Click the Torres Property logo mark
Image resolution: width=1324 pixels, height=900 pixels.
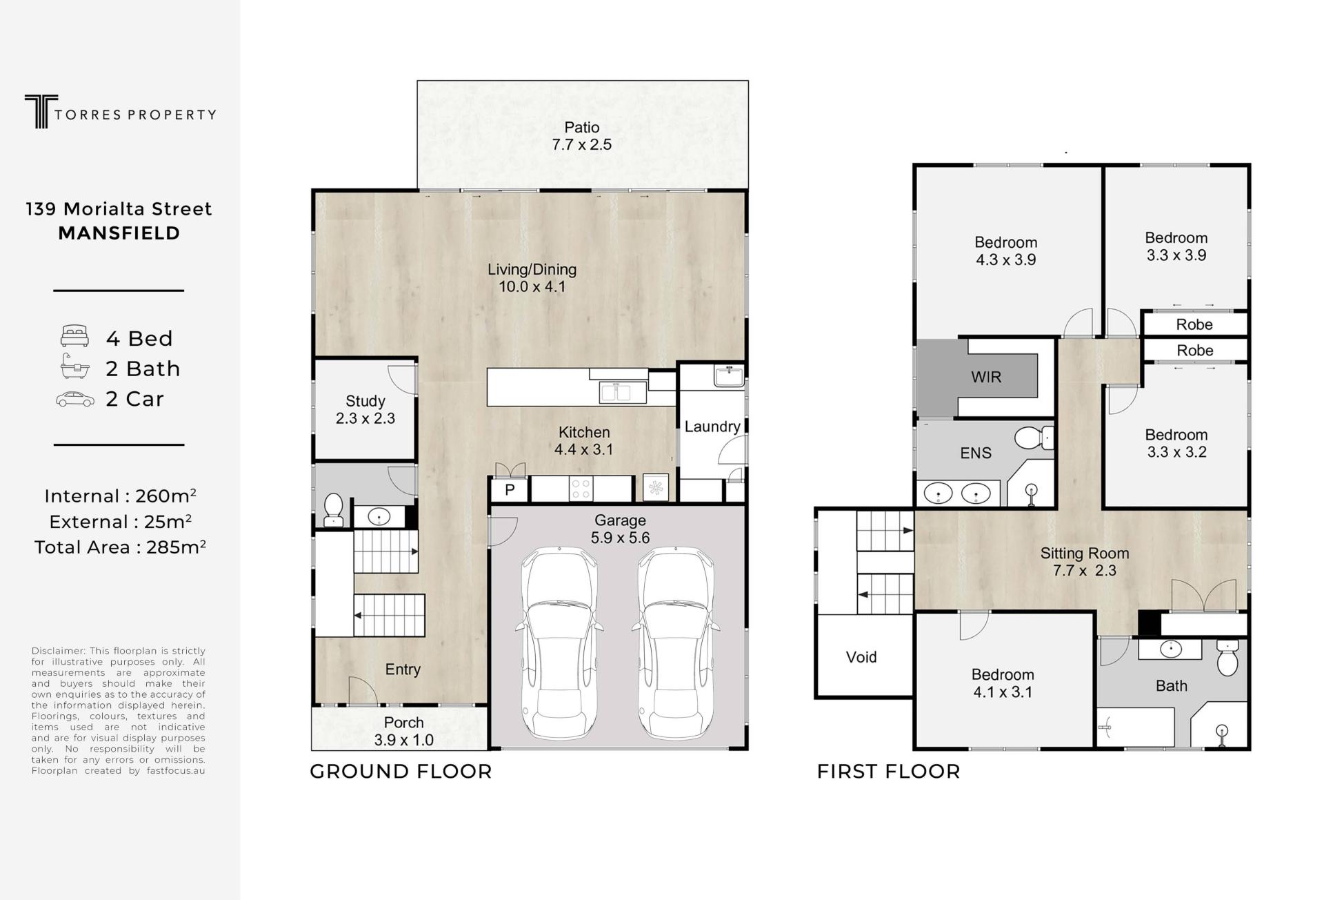click(x=41, y=111)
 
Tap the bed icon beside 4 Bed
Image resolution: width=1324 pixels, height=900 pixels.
click(x=74, y=336)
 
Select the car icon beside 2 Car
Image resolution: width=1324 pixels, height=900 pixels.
click(x=75, y=399)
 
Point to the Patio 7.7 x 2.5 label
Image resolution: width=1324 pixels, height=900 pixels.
click(x=582, y=136)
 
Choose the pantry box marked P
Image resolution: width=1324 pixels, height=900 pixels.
click(x=510, y=490)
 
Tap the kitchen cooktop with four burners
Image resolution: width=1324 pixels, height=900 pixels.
click(x=581, y=489)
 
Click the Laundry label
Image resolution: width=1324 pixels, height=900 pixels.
click(x=712, y=427)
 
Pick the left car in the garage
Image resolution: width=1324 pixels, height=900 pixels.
click(x=559, y=643)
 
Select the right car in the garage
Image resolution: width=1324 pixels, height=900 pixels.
click(x=676, y=643)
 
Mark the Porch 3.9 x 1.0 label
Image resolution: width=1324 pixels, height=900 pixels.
click(x=404, y=732)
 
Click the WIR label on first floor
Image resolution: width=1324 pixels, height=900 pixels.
click(x=986, y=377)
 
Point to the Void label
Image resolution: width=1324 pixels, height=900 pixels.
click(x=861, y=657)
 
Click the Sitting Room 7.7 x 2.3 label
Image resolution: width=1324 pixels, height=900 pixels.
click(x=1085, y=562)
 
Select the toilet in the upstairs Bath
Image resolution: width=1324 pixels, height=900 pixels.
click(x=1227, y=657)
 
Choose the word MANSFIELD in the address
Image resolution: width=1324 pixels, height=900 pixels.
click(x=119, y=233)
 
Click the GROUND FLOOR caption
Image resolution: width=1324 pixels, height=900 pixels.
click(x=401, y=772)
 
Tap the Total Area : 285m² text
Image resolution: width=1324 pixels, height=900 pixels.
click(x=120, y=547)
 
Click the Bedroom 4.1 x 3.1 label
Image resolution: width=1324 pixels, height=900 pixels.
click(x=1003, y=683)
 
